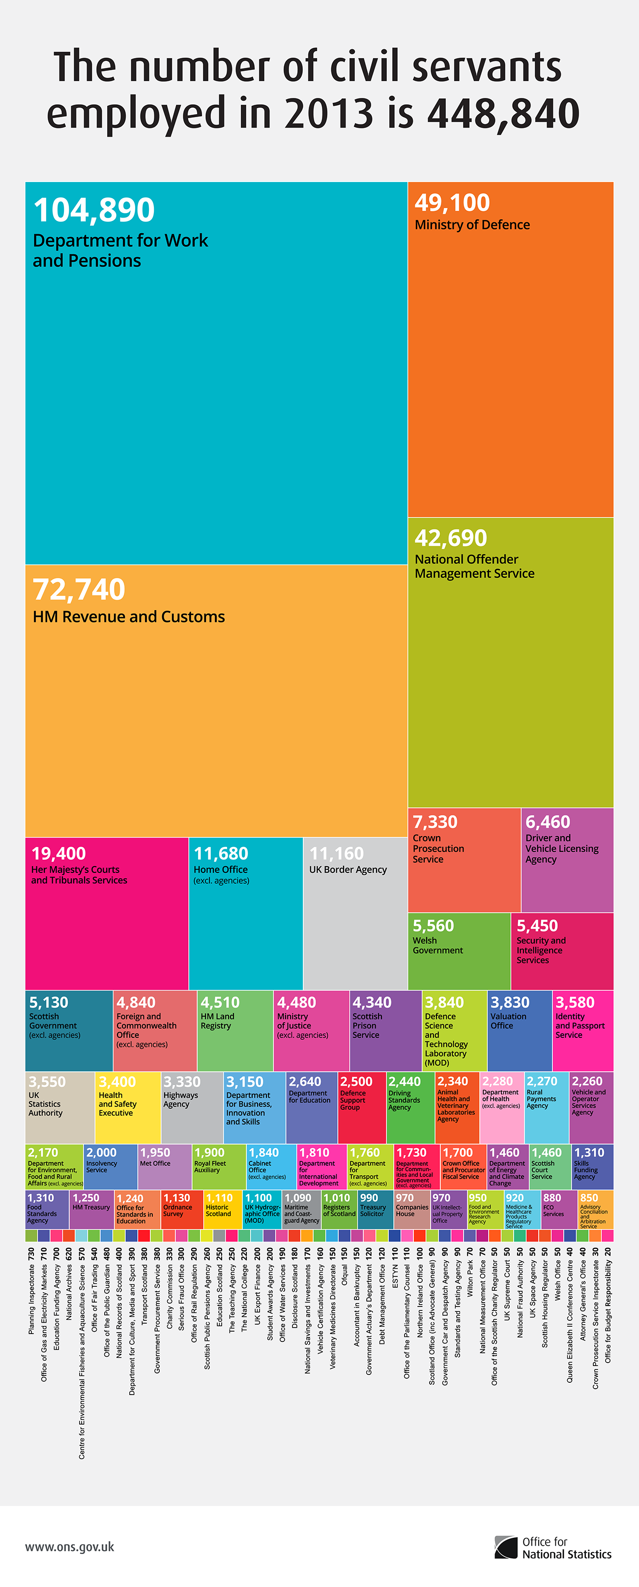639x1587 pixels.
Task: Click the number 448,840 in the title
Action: pos(503,113)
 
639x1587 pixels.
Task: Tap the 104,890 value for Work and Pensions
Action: pos(93,210)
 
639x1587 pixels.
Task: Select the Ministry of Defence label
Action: pos(472,225)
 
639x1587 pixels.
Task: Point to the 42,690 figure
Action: pos(451,538)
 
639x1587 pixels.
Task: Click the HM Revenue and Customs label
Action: pos(129,617)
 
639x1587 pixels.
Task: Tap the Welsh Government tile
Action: pos(459,951)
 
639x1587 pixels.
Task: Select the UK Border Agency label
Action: pos(348,869)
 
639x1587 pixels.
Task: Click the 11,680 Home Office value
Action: pos(221,853)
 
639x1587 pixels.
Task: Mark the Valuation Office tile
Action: pos(519,1030)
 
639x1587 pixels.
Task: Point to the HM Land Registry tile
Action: pos(234,1030)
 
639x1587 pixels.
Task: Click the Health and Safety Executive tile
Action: pos(127,1107)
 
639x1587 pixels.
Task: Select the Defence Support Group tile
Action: pos(361,1107)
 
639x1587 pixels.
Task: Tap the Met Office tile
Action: pos(164,1166)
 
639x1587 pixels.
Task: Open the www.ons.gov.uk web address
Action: pos(70,1547)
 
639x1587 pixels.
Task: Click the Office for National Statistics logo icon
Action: pos(506,1547)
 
